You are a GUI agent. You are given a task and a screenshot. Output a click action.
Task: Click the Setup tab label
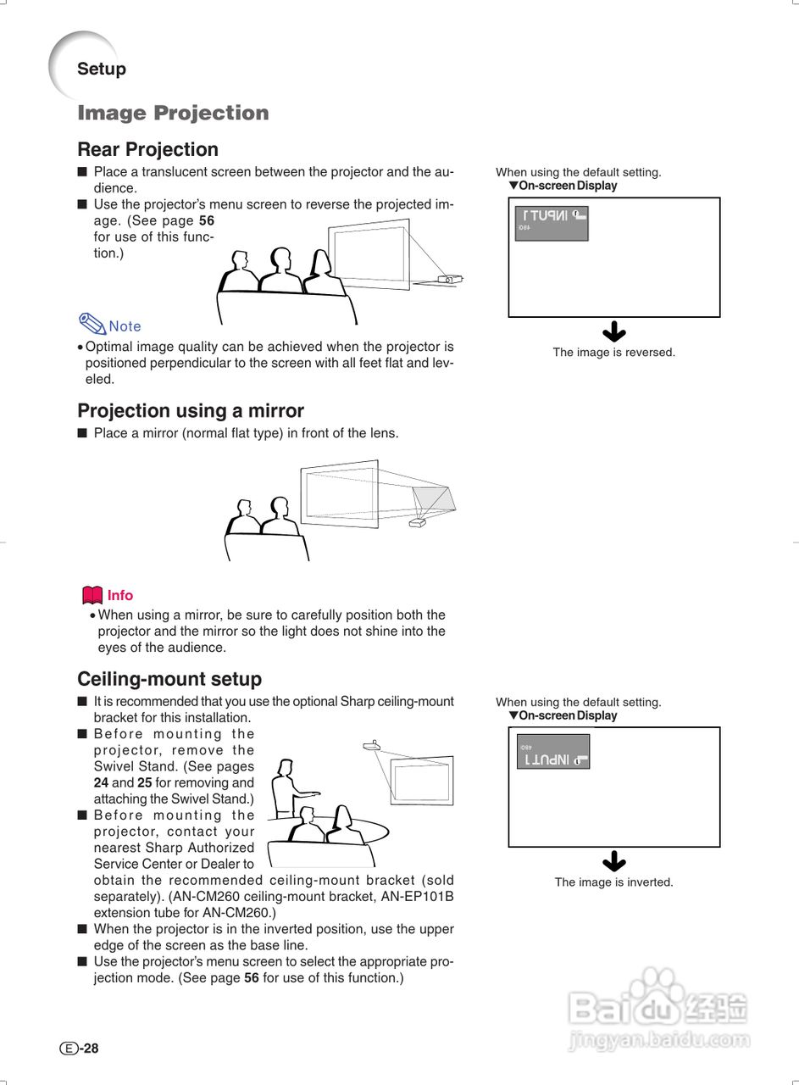coord(101,70)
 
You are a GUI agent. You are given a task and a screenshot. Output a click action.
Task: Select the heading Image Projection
coord(173,113)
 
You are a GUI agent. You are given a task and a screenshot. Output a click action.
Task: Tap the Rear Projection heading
coord(147,150)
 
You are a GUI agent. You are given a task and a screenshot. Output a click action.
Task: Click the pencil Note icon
coord(92,323)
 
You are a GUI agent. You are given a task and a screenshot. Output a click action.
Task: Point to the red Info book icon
coord(92,595)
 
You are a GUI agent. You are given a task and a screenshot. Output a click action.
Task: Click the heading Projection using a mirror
coord(191,411)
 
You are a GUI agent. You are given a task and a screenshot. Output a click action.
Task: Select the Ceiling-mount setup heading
coord(169,679)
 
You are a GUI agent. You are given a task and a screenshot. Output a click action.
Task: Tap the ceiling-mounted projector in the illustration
coord(371,746)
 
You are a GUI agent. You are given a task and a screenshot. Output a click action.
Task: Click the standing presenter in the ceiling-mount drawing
coord(286,788)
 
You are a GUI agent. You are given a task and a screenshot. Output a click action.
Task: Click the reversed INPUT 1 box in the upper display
coord(552,223)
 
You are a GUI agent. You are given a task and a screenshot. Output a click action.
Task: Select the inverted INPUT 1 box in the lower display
coord(552,752)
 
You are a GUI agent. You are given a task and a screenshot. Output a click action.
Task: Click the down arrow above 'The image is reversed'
coord(613,332)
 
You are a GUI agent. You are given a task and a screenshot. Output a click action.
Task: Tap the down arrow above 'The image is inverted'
coord(613,862)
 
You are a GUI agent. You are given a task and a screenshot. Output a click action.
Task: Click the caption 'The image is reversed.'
coord(613,353)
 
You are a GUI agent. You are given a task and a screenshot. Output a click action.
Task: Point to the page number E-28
coord(80,1049)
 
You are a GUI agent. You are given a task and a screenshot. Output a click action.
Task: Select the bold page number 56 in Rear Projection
coord(206,220)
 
